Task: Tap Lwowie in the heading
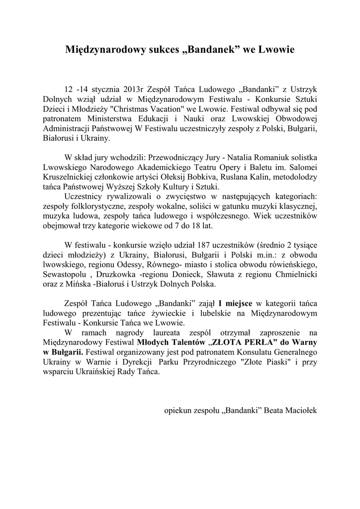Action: pyautogui.click(x=275, y=50)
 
